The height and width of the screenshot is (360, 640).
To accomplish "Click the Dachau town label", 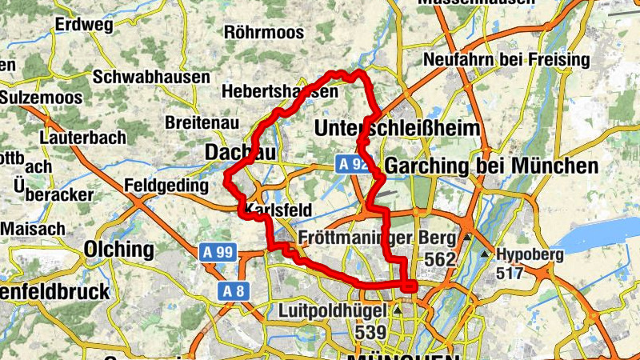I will [241, 152].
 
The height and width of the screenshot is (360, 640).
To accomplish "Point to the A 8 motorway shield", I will [233, 290].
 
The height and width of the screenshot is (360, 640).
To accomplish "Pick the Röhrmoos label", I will [264, 33].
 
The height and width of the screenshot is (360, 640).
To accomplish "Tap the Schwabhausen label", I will [151, 77].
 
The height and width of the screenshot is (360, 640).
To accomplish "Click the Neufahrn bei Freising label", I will [506, 60].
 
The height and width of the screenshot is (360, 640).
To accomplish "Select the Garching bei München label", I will [491, 166].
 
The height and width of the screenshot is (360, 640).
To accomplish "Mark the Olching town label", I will [118, 249].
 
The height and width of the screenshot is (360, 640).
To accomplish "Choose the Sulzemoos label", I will [35, 97].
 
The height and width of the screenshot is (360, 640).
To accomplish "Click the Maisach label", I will [32, 228].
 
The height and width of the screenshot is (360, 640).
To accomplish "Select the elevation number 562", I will [440, 259].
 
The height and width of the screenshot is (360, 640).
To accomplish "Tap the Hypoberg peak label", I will [530, 255].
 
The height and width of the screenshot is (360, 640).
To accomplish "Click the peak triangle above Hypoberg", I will [486, 254].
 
